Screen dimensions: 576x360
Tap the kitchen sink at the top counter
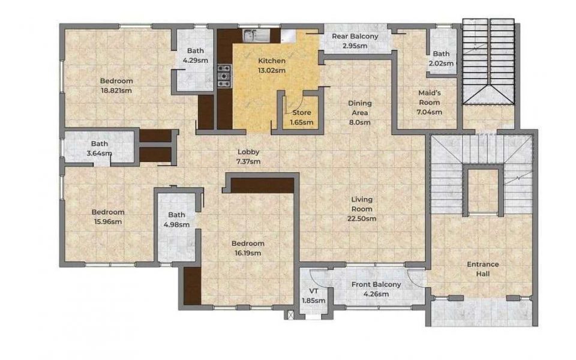tap(256, 35)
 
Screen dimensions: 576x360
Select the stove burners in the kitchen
tap(224, 76)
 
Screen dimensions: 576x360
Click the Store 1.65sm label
tap(302, 118)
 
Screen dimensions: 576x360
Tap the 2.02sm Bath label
tap(441, 58)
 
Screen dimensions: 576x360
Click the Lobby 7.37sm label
tap(248, 157)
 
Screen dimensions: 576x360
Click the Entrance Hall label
tap(482, 269)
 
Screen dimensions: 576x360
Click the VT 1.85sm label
tap(313, 296)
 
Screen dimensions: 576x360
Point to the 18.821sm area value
tap(116, 91)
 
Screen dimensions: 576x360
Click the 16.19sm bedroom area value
tap(248, 253)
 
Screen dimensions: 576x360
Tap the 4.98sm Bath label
tap(176, 220)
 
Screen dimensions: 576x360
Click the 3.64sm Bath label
tap(100, 148)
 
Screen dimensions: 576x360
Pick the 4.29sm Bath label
tap(196, 55)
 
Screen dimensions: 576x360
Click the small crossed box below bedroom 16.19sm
tap(291, 315)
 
